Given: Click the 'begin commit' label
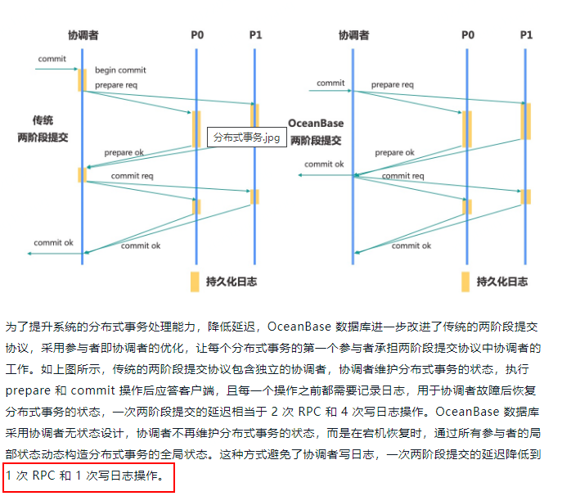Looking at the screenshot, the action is tap(120, 70).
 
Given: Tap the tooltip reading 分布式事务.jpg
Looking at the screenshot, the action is tap(246, 137).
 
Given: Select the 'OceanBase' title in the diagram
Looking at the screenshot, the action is tap(316, 123).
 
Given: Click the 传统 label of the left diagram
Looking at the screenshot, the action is tap(43, 119).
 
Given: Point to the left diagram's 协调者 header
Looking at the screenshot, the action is tap(83, 35).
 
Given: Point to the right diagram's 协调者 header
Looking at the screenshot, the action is tap(353, 35).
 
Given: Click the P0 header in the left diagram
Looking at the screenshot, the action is tap(197, 35).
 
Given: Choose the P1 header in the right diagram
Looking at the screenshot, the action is tap(526, 35).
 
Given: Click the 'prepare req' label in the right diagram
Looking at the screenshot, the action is tap(393, 84).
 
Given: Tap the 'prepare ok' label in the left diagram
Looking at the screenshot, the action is tap(124, 152).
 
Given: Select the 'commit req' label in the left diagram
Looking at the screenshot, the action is tap(132, 176).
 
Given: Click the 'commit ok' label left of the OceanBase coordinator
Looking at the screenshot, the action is tap(324, 164).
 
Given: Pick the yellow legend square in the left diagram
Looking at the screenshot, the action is tap(195, 282).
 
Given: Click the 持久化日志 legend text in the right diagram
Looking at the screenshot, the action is tap(501, 282).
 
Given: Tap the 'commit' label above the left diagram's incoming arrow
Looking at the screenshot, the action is tap(52, 58).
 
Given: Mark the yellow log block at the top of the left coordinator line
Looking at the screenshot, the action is tap(82, 80).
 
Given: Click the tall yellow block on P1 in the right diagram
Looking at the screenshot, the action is tap(526, 121).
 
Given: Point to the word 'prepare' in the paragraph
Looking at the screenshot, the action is tap(28, 390).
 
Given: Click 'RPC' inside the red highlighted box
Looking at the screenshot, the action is tap(43, 476).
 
